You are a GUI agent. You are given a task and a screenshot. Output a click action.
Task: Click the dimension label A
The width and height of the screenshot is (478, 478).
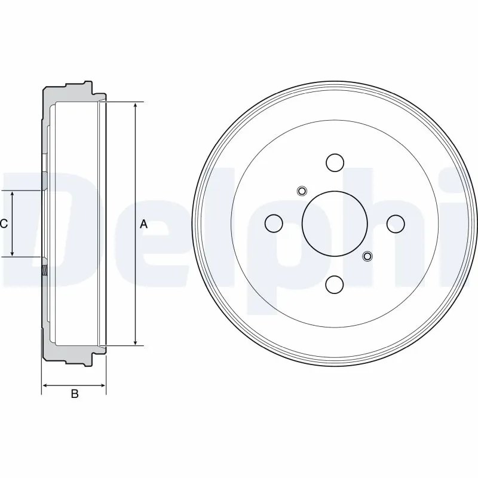pos(143,224)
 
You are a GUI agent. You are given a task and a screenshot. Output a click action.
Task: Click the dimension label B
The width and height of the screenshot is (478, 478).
pos(75,393)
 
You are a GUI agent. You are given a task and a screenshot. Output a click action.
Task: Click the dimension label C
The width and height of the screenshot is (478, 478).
pos(4,224)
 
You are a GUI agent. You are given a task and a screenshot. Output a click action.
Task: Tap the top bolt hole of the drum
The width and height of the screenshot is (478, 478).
pos(335,162)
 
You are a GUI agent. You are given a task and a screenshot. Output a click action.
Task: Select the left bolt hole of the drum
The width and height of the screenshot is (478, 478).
pos(274,223)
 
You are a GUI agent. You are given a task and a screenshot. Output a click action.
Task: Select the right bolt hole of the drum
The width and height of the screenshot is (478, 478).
pos(396,223)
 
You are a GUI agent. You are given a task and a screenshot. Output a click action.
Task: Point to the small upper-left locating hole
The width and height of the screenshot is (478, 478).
pos(302,191)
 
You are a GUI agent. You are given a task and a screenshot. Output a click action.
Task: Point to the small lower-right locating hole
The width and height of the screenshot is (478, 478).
pos(367,256)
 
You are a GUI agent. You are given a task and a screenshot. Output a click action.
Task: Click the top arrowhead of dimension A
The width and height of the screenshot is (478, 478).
pos(136,106)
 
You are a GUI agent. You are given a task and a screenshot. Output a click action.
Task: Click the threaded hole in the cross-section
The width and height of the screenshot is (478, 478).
pos(45,270)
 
